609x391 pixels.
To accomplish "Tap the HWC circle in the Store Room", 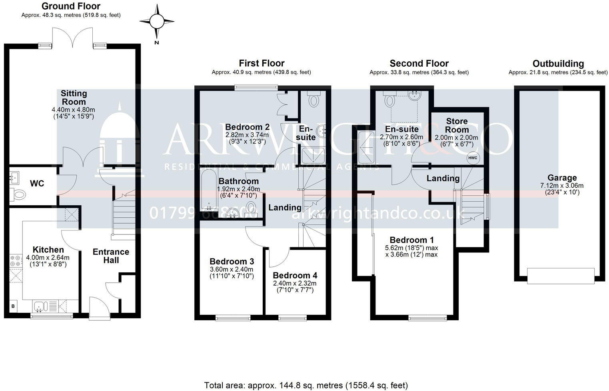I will click(472, 158).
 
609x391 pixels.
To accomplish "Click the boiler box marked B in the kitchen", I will click(13, 306).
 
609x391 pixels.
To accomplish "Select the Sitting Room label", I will click(74, 97).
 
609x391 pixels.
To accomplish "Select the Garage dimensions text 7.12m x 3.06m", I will click(562, 185).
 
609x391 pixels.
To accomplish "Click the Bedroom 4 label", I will click(295, 275).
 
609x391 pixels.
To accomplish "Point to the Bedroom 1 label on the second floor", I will click(411, 240).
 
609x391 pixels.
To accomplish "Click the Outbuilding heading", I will click(558, 64).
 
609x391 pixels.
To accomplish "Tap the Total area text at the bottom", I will click(306, 385).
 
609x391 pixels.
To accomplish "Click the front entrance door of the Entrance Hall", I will click(98, 308).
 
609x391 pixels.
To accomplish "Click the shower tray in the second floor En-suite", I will click(367, 147).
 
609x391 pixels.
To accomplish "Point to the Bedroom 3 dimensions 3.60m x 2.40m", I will click(232, 269).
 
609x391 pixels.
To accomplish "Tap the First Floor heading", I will click(262, 63).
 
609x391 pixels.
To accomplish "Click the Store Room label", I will click(457, 125).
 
